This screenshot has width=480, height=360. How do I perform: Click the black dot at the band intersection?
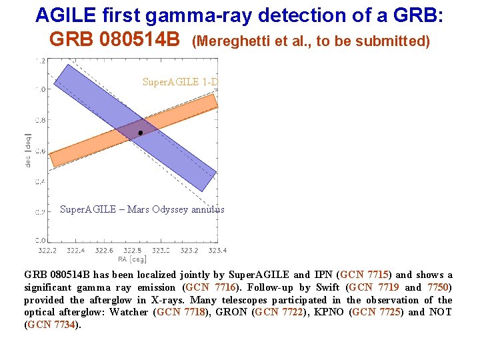(140, 133)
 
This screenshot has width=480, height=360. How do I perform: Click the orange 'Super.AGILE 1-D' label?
(181, 82)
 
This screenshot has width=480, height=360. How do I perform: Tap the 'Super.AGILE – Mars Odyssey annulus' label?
(142, 209)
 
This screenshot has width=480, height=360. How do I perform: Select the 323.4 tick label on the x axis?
(217, 251)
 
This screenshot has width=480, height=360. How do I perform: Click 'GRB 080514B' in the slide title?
(115, 39)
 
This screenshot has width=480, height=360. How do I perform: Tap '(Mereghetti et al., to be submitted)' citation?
(311, 41)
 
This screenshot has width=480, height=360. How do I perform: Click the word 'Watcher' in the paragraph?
(129, 312)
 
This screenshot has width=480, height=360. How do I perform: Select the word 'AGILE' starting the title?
(67, 15)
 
